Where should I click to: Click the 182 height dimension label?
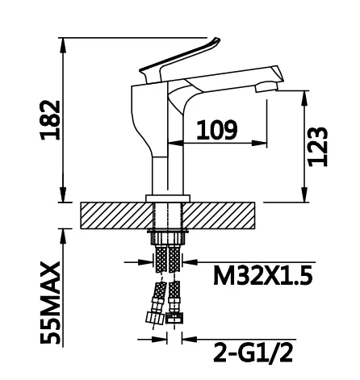pyautogui.click(x=50, y=120)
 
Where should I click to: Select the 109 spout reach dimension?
pyautogui.click(x=217, y=130)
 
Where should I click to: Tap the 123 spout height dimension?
pyautogui.click(x=318, y=146)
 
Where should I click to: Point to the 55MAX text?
pyautogui.click(x=50, y=303)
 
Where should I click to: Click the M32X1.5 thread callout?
pyautogui.click(x=263, y=275)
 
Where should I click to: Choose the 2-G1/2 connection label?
pyautogui.click(x=253, y=353)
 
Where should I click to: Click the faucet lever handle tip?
pyautogui.click(x=216, y=40)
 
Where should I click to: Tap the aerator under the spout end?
pyautogui.click(x=266, y=87)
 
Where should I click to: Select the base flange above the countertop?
pyautogui.click(x=168, y=198)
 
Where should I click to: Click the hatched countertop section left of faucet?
pyautogui.click(x=117, y=215)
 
